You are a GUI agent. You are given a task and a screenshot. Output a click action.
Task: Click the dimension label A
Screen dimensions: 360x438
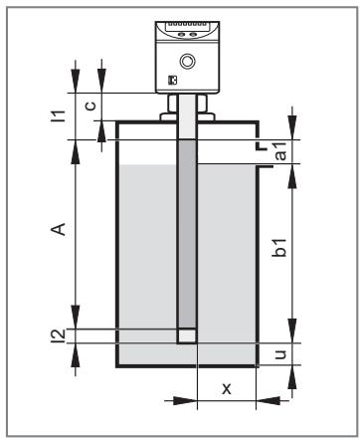click(59, 229)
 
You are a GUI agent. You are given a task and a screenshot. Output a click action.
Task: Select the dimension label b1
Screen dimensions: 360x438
click(278, 247)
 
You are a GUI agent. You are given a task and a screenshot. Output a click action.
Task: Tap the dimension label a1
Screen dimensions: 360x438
click(280, 151)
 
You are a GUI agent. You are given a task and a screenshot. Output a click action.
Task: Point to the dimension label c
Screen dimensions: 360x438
click(90, 106)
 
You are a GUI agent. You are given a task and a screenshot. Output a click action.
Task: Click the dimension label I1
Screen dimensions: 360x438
click(58, 115)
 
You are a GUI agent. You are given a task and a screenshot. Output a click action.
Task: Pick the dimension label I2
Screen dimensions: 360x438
click(60, 335)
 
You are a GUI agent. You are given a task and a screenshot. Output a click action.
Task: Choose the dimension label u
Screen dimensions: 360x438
click(280, 354)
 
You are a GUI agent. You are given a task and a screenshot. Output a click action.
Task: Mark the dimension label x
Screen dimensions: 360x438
click(227, 388)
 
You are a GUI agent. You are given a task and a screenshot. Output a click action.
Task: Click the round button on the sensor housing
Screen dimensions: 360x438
click(187, 61)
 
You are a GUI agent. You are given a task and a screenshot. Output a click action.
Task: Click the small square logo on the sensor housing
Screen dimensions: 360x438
click(172, 81)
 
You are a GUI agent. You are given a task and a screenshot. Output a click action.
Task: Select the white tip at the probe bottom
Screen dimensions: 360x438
click(187, 335)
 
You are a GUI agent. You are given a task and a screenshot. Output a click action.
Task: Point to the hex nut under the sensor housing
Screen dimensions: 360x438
click(187, 104)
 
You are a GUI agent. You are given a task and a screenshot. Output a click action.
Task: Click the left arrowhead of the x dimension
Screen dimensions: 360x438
click(185, 400)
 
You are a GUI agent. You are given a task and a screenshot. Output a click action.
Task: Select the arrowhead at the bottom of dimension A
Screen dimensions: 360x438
click(76, 317)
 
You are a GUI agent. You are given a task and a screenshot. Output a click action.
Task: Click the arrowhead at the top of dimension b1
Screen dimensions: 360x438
click(292, 176)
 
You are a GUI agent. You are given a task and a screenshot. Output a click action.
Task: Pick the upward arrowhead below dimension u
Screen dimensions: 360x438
click(292, 377)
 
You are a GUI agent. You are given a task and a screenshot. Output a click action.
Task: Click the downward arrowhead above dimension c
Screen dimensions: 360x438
click(101, 81)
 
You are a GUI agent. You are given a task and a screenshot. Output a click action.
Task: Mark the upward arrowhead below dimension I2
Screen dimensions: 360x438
click(76, 355)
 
